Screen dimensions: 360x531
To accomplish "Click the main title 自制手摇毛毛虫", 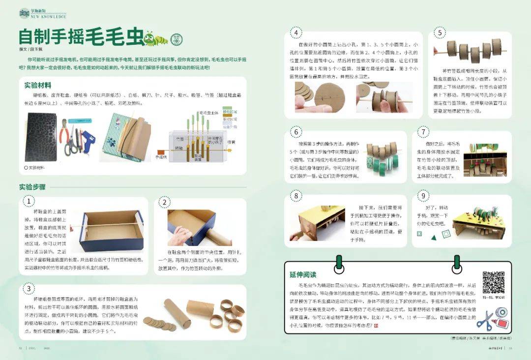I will pyautogui.click(x=81, y=38).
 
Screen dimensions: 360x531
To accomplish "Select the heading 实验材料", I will pyautogui.click(x=38, y=85).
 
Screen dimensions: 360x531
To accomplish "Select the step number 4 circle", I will pyautogui.click(x=296, y=33).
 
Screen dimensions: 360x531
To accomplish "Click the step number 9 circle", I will pyautogui.click(x=423, y=196).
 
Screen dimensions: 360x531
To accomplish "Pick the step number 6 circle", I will pyautogui.click(x=296, y=132).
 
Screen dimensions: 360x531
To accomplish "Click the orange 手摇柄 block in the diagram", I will pyautogui.click(x=161, y=152).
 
